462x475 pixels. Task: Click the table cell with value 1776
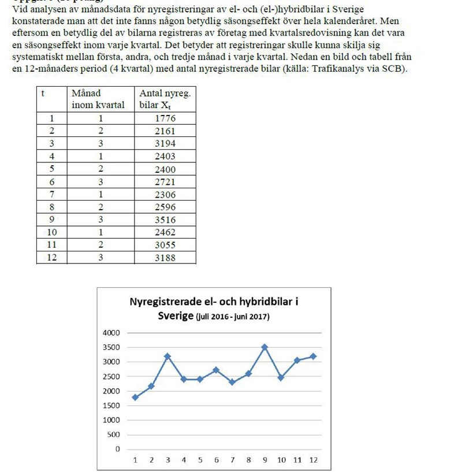pyautogui.click(x=165, y=118)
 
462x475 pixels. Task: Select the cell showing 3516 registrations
pyautogui.click(x=165, y=220)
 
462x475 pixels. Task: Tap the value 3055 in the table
pyautogui.click(x=165, y=245)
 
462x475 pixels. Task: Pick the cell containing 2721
pyautogui.click(x=165, y=182)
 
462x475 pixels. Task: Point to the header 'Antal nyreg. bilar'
pyautogui.click(x=165, y=99)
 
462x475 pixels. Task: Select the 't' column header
pyautogui.click(x=43, y=93)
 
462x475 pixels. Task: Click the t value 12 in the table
pyautogui.click(x=52, y=258)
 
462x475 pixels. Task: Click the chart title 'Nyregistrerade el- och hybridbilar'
pyautogui.click(x=214, y=302)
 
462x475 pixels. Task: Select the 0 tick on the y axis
pyautogui.click(x=117, y=449)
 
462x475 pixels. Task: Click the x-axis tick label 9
pyautogui.click(x=266, y=460)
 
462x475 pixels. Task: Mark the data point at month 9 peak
pyautogui.click(x=266, y=347)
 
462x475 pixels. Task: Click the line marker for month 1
pyautogui.click(x=135, y=398)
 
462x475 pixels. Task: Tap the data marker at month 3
pyautogui.click(x=168, y=356)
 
